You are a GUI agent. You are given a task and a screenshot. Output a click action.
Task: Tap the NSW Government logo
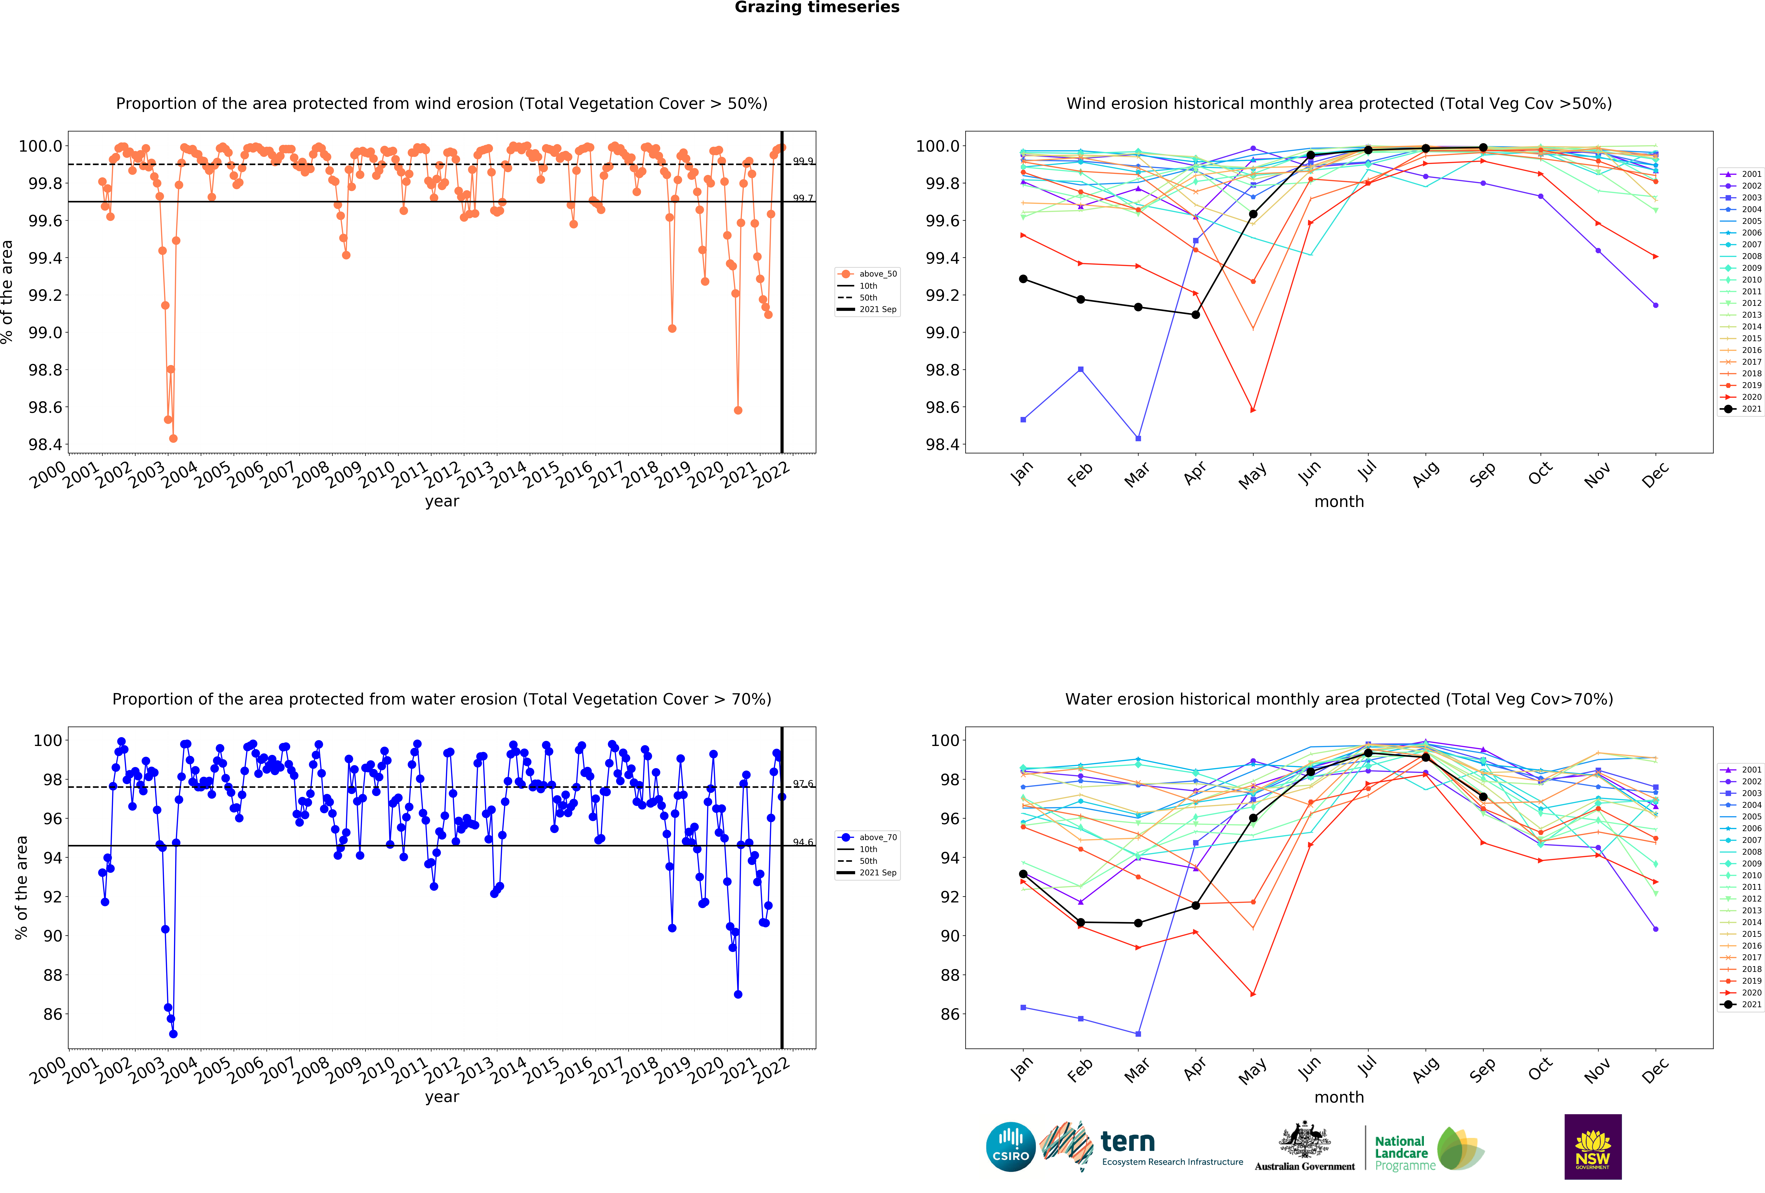[1593, 1147]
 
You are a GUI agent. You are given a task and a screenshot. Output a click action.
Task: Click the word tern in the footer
[1128, 1141]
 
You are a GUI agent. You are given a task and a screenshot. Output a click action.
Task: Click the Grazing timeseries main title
[816, 8]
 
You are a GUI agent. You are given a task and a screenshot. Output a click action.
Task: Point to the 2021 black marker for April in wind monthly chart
[1195, 314]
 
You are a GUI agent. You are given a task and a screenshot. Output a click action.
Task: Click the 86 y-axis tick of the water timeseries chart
[52, 1014]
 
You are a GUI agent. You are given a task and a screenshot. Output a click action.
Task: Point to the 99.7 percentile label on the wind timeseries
[803, 198]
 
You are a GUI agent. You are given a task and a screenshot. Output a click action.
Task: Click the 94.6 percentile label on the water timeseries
[803, 842]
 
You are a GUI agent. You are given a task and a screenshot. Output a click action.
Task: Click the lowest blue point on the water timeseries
[173, 1034]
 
